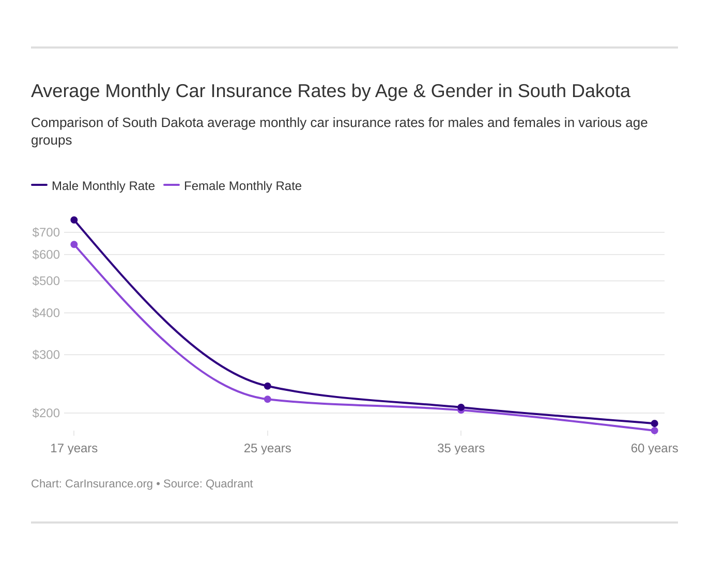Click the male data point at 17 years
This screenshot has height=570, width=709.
(x=74, y=220)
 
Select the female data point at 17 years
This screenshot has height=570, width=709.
(x=74, y=244)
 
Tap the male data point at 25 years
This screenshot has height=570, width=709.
(x=268, y=386)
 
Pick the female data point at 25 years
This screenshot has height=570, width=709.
(x=268, y=399)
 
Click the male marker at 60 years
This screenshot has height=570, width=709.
(x=654, y=423)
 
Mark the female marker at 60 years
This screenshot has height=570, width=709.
(x=654, y=431)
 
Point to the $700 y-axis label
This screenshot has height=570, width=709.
(x=46, y=232)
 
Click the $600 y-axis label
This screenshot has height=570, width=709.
(x=46, y=255)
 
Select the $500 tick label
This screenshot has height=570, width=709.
(x=46, y=281)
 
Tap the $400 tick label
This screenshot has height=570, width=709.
(x=46, y=313)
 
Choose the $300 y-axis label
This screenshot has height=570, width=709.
(x=46, y=355)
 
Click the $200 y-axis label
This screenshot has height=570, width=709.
(x=46, y=413)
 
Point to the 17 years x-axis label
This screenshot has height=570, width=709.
(x=74, y=448)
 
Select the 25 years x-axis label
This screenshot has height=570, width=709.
(x=268, y=448)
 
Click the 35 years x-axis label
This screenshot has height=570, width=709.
(x=461, y=448)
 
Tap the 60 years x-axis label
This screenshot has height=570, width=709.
(x=654, y=448)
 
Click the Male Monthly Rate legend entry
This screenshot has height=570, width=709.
(x=103, y=186)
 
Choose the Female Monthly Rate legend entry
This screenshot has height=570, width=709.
(x=242, y=186)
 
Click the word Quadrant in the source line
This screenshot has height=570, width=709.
(x=229, y=484)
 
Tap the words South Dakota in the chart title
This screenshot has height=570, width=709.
(x=574, y=91)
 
